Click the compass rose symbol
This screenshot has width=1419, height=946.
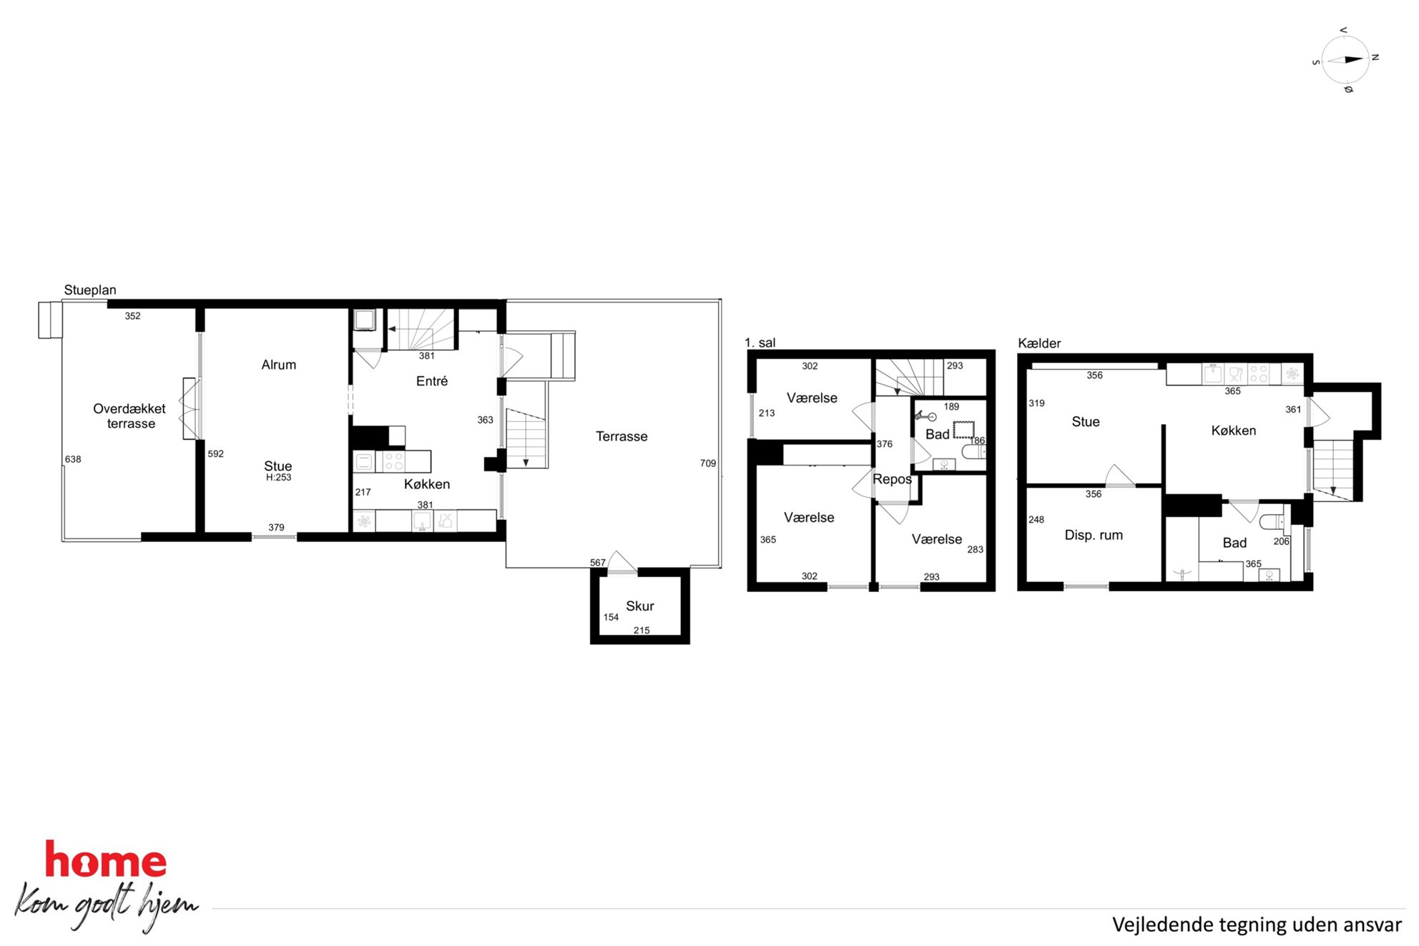(x=1345, y=60)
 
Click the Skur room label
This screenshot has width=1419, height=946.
(x=640, y=606)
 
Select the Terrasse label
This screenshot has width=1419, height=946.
(x=622, y=436)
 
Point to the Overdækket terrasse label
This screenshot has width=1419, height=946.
(x=129, y=416)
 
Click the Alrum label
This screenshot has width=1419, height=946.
(x=279, y=365)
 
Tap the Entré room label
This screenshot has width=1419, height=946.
(x=432, y=381)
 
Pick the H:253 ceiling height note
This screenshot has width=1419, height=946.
(x=279, y=478)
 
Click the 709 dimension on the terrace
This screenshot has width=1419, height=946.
(x=708, y=463)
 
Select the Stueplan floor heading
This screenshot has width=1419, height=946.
(x=90, y=290)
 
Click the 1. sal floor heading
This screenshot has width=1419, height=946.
(x=760, y=343)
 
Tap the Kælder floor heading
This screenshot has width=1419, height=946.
(x=1039, y=343)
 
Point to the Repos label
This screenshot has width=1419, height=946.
(x=892, y=479)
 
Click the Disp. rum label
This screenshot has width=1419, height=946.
(x=1094, y=535)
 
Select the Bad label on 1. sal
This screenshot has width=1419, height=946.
(x=938, y=434)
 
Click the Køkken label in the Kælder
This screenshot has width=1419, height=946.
(x=1234, y=430)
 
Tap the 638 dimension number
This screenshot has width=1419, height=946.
(x=73, y=459)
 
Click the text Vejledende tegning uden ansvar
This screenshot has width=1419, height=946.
(x=1257, y=925)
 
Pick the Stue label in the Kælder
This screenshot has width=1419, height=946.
(x=1086, y=422)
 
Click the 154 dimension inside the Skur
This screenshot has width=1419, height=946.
(x=611, y=617)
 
